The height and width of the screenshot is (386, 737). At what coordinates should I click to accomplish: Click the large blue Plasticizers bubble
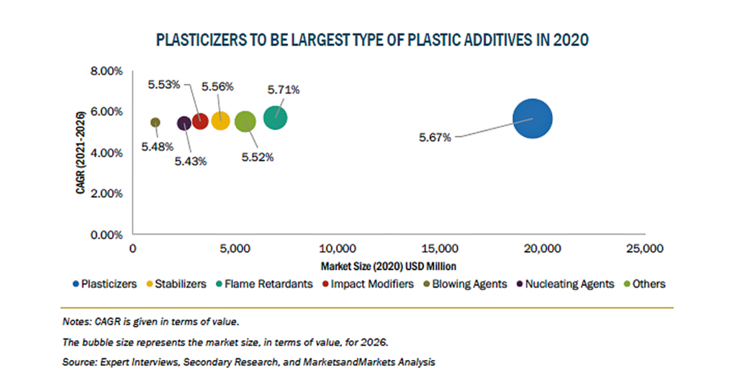[x=532, y=119]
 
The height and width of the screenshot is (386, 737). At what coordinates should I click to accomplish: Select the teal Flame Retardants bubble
[x=275, y=117]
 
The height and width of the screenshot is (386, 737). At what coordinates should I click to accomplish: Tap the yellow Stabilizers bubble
[x=220, y=121]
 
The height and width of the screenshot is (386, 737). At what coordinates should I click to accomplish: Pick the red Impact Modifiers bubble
[x=200, y=121]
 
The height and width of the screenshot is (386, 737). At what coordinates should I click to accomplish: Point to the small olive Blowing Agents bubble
[x=155, y=122]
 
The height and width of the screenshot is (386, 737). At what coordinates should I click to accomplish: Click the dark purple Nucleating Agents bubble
[x=184, y=123]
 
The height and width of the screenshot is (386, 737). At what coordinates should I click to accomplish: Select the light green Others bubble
[x=245, y=122]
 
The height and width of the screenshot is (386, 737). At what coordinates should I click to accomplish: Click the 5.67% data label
[x=435, y=138]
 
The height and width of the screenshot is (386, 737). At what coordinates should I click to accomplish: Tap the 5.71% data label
[x=284, y=90]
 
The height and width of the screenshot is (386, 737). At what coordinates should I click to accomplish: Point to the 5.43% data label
[x=191, y=162]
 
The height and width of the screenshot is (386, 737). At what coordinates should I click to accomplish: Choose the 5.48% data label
[x=158, y=147]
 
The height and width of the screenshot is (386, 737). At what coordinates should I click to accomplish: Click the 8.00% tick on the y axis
[x=107, y=71]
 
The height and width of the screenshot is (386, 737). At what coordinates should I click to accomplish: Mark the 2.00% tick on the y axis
[x=107, y=194]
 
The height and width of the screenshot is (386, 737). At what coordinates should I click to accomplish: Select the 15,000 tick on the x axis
[x=440, y=248]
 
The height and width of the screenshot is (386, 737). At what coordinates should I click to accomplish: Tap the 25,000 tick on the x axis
[x=645, y=248]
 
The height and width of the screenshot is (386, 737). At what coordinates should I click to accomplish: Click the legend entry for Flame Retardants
[x=264, y=284]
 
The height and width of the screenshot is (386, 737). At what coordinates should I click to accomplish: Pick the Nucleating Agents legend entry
[x=566, y=284]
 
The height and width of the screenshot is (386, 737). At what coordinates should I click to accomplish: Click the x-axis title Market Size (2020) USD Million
[x=388, y=266]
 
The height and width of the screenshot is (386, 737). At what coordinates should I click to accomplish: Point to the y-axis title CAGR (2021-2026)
[x=81, y=153]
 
